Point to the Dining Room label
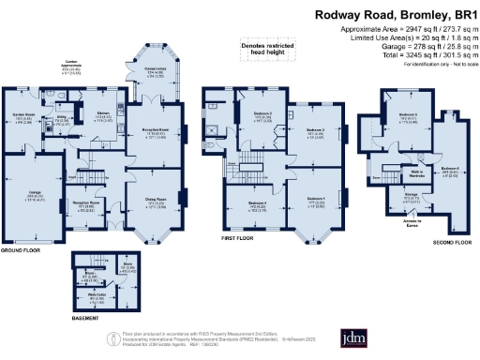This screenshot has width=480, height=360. (155, 200)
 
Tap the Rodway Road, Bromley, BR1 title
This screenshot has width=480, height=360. (393, 15)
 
